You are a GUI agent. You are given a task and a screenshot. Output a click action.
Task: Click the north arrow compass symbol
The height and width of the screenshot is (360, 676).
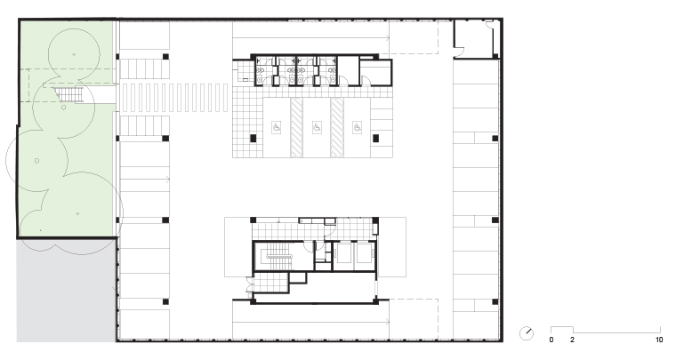526,333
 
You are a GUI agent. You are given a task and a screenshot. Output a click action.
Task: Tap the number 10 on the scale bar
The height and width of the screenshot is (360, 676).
659,340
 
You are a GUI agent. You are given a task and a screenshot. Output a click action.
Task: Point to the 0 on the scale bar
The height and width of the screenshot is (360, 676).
551,340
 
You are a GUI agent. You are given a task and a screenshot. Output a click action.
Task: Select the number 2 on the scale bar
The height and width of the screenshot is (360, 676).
572,340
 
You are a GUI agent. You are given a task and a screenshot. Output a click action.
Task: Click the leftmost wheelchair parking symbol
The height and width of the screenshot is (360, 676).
277,127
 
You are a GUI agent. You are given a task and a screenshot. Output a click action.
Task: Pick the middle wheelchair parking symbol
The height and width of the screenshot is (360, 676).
317,127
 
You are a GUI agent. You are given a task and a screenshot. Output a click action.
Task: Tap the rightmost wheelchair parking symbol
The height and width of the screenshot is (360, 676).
357,127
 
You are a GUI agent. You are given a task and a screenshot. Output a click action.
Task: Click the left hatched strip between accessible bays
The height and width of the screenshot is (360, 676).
296,127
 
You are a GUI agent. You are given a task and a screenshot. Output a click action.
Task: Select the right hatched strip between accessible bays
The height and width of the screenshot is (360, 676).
337,127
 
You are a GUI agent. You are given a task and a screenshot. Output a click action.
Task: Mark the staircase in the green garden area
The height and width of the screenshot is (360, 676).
68,95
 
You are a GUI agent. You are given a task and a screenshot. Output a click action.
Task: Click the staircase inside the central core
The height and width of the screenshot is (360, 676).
279,257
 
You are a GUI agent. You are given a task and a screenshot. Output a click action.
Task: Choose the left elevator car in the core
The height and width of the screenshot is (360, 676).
344,253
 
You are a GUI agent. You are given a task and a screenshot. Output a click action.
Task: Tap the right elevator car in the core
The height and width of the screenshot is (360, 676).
365,253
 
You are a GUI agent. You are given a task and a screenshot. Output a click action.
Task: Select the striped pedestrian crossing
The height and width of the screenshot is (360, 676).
174,98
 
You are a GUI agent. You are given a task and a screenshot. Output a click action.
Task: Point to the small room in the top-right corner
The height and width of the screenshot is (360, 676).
473,39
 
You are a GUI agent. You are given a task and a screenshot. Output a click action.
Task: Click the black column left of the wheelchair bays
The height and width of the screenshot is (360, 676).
253,139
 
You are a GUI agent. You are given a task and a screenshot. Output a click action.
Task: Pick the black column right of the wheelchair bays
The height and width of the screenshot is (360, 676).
375,139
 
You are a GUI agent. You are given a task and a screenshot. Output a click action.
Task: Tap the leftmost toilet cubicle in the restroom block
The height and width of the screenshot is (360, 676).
264,71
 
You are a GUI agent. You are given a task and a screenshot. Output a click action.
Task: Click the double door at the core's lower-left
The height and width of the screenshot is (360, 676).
249,286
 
